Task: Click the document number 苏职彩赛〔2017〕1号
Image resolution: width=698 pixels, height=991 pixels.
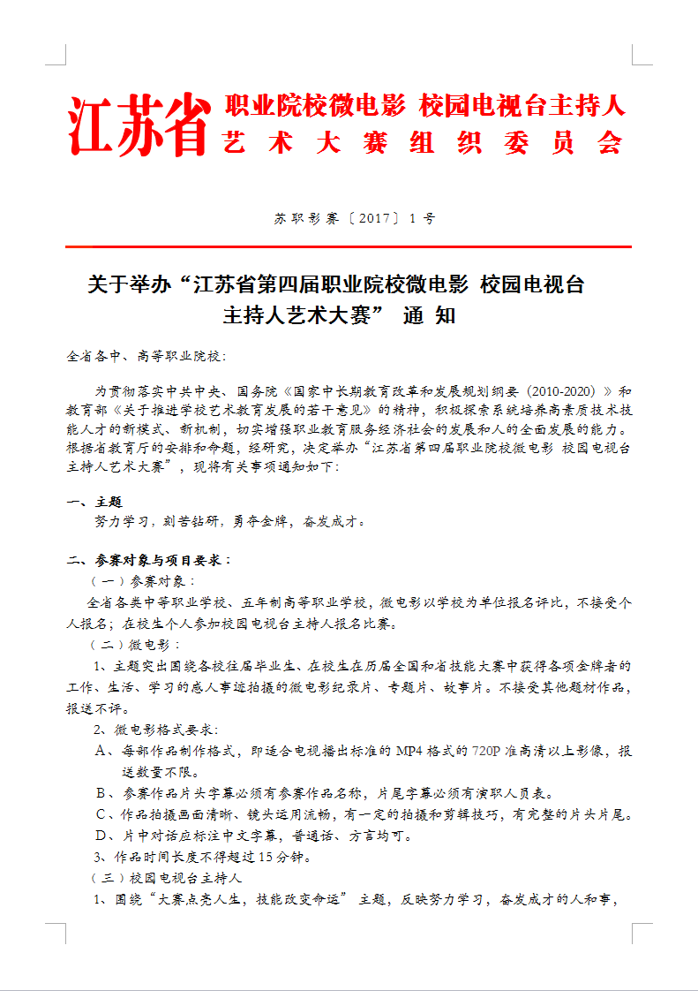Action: coord(354,218)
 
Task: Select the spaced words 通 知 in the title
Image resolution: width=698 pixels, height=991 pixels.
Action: coord(429,315)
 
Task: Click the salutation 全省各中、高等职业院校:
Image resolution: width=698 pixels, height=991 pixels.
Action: coord(146,356)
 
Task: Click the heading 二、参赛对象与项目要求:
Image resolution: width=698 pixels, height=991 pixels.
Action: coord(149,560)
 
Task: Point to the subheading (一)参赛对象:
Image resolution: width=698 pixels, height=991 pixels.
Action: coord(141,581)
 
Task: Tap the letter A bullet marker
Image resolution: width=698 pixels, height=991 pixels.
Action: coord(101,752)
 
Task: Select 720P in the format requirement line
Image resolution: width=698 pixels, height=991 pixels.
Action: coord(487,752)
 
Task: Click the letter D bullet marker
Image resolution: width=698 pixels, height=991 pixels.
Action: coord(101,836)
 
